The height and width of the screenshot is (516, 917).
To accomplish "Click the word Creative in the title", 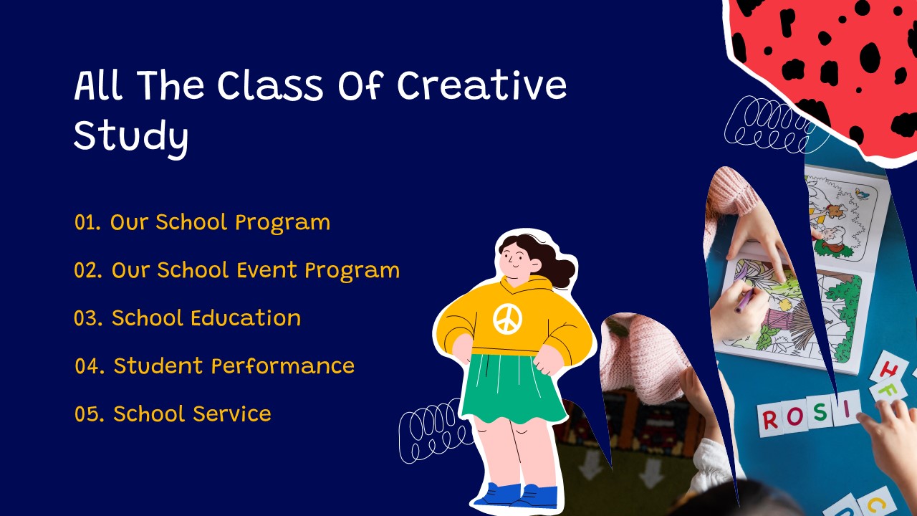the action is coord(482,85).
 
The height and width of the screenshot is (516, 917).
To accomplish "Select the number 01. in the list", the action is coord(87,222).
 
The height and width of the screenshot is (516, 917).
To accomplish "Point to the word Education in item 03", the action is coord(246,318).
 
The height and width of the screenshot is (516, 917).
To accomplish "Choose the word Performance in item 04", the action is coord(283,366).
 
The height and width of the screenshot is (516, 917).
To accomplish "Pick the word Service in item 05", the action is coord(231,414).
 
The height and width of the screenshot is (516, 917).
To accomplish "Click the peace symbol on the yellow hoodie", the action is coord(508,319).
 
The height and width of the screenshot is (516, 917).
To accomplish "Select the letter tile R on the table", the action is coord(770,420).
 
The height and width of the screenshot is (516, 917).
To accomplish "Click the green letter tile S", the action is coord(820,412).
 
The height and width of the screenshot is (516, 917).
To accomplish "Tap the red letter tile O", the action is coord(795,416).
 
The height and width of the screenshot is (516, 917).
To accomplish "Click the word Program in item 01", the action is coord(282,223).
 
